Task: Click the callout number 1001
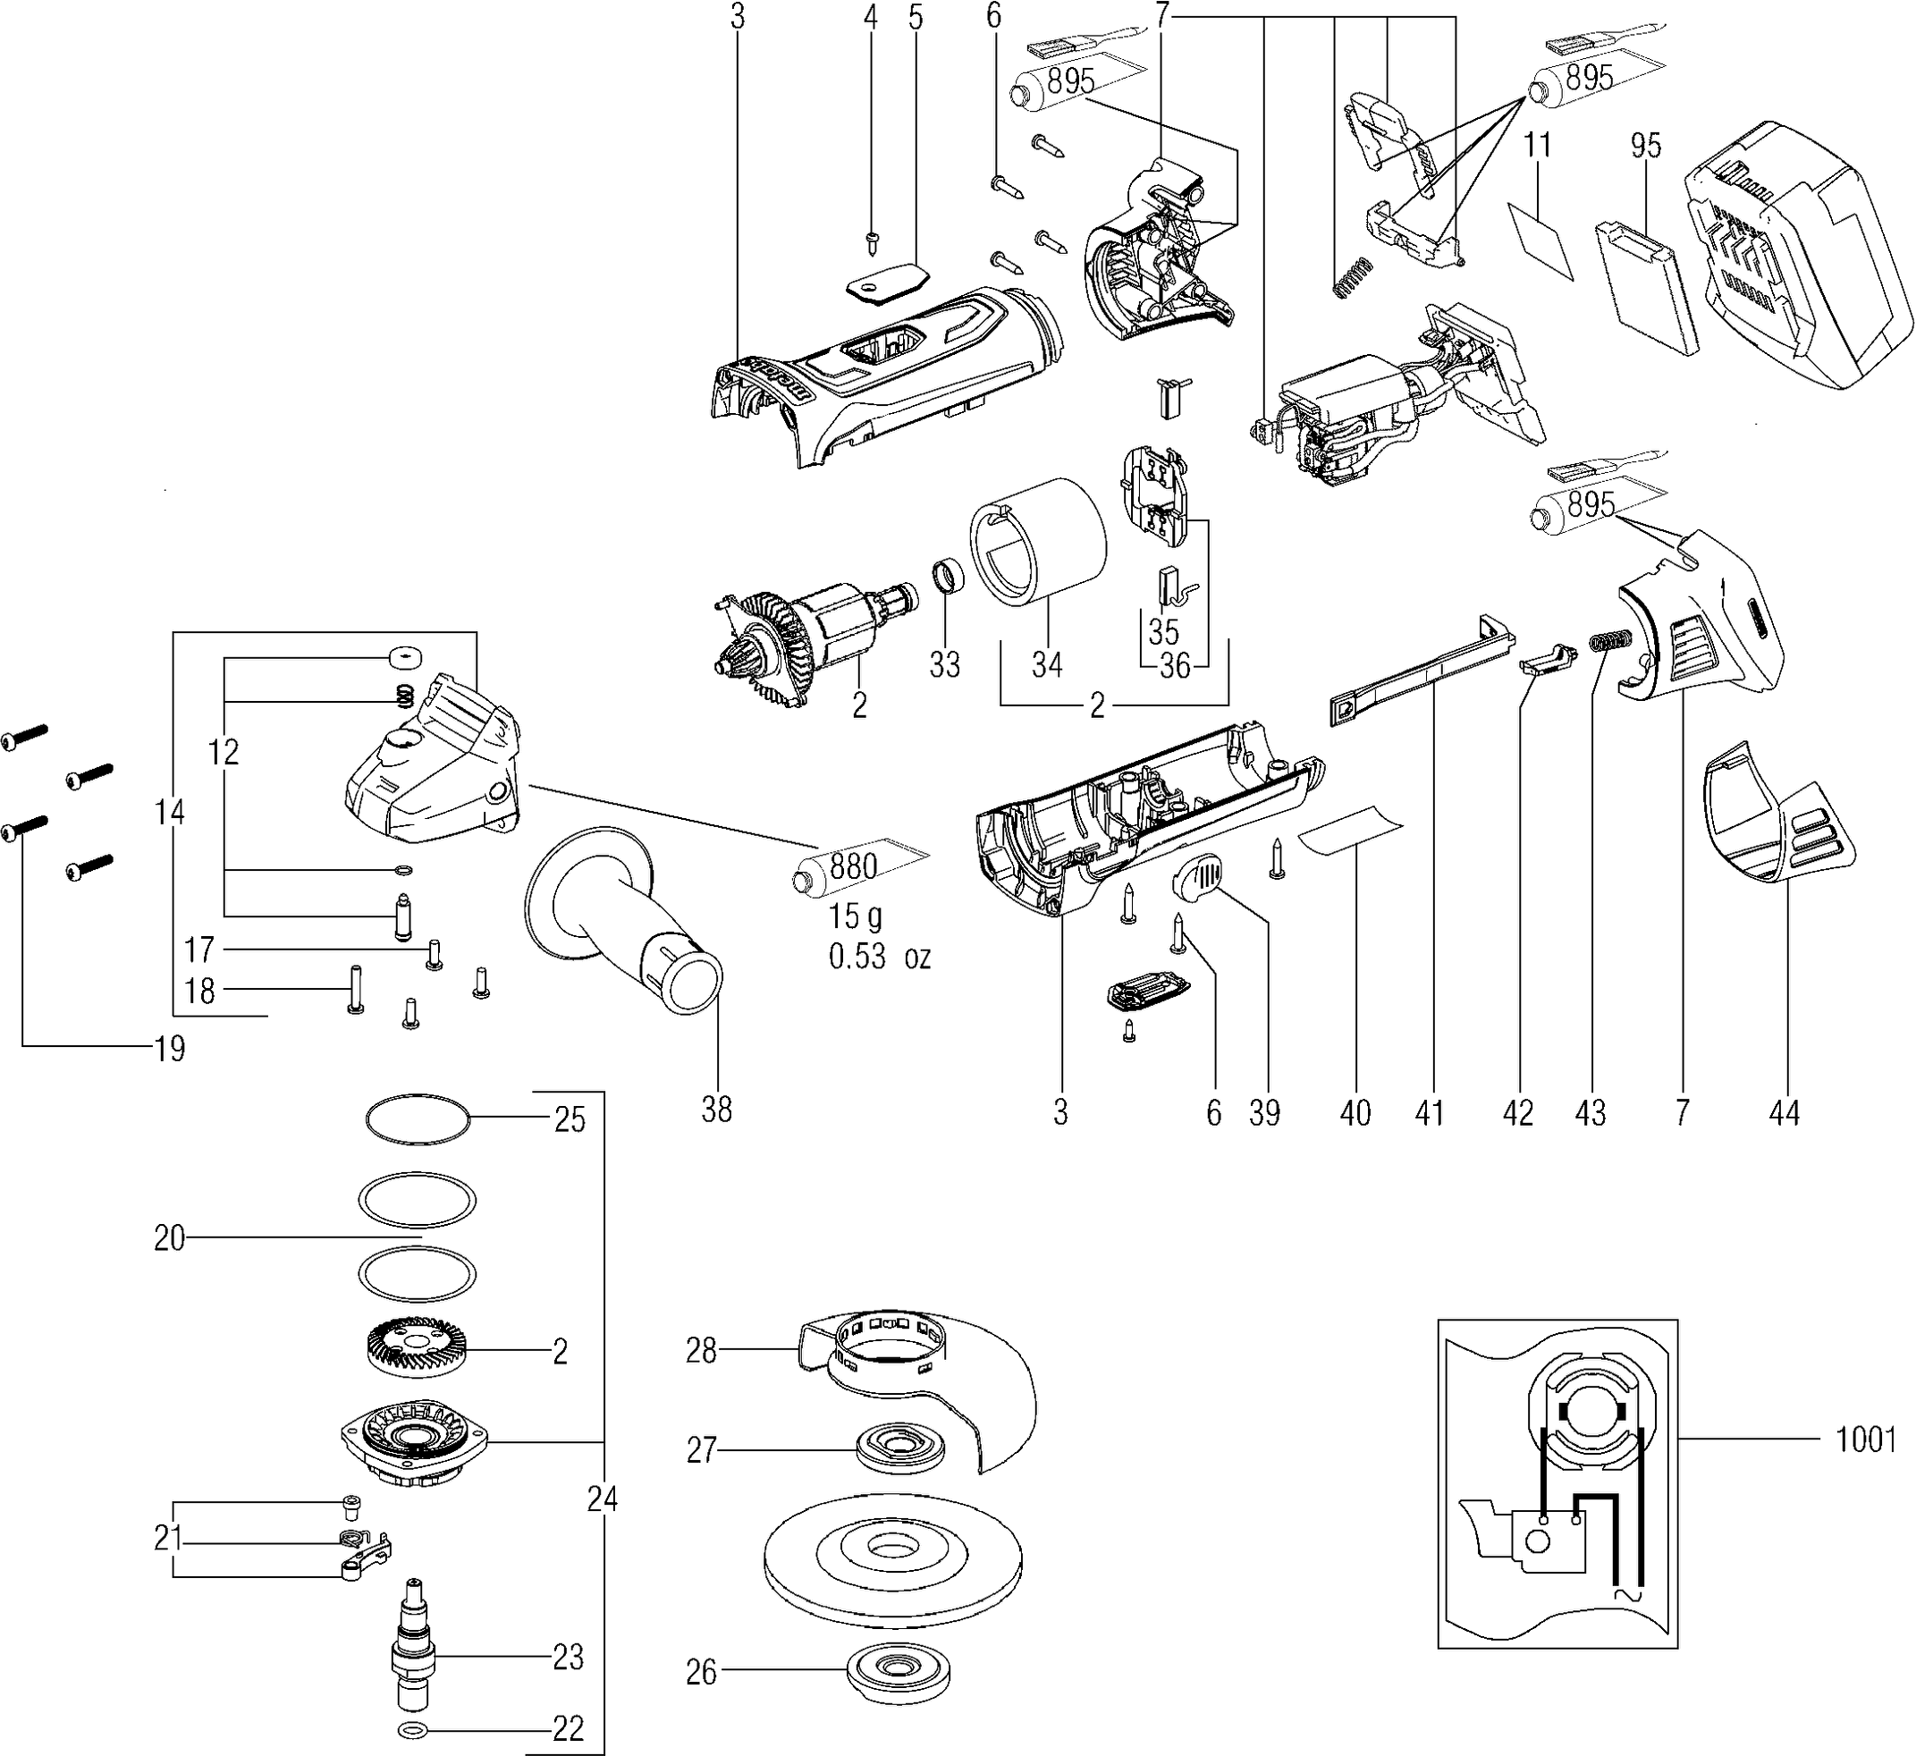[1866, 1440]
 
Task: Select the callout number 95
[1646, 146]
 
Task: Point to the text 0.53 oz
[880, 956]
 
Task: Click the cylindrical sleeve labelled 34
[1038, 541]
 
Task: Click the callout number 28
[701, 1350]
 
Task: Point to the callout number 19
[169, 1049]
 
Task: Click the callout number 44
[1784, 1113]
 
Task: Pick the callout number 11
[1538, 146]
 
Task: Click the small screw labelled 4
[872, 241]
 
